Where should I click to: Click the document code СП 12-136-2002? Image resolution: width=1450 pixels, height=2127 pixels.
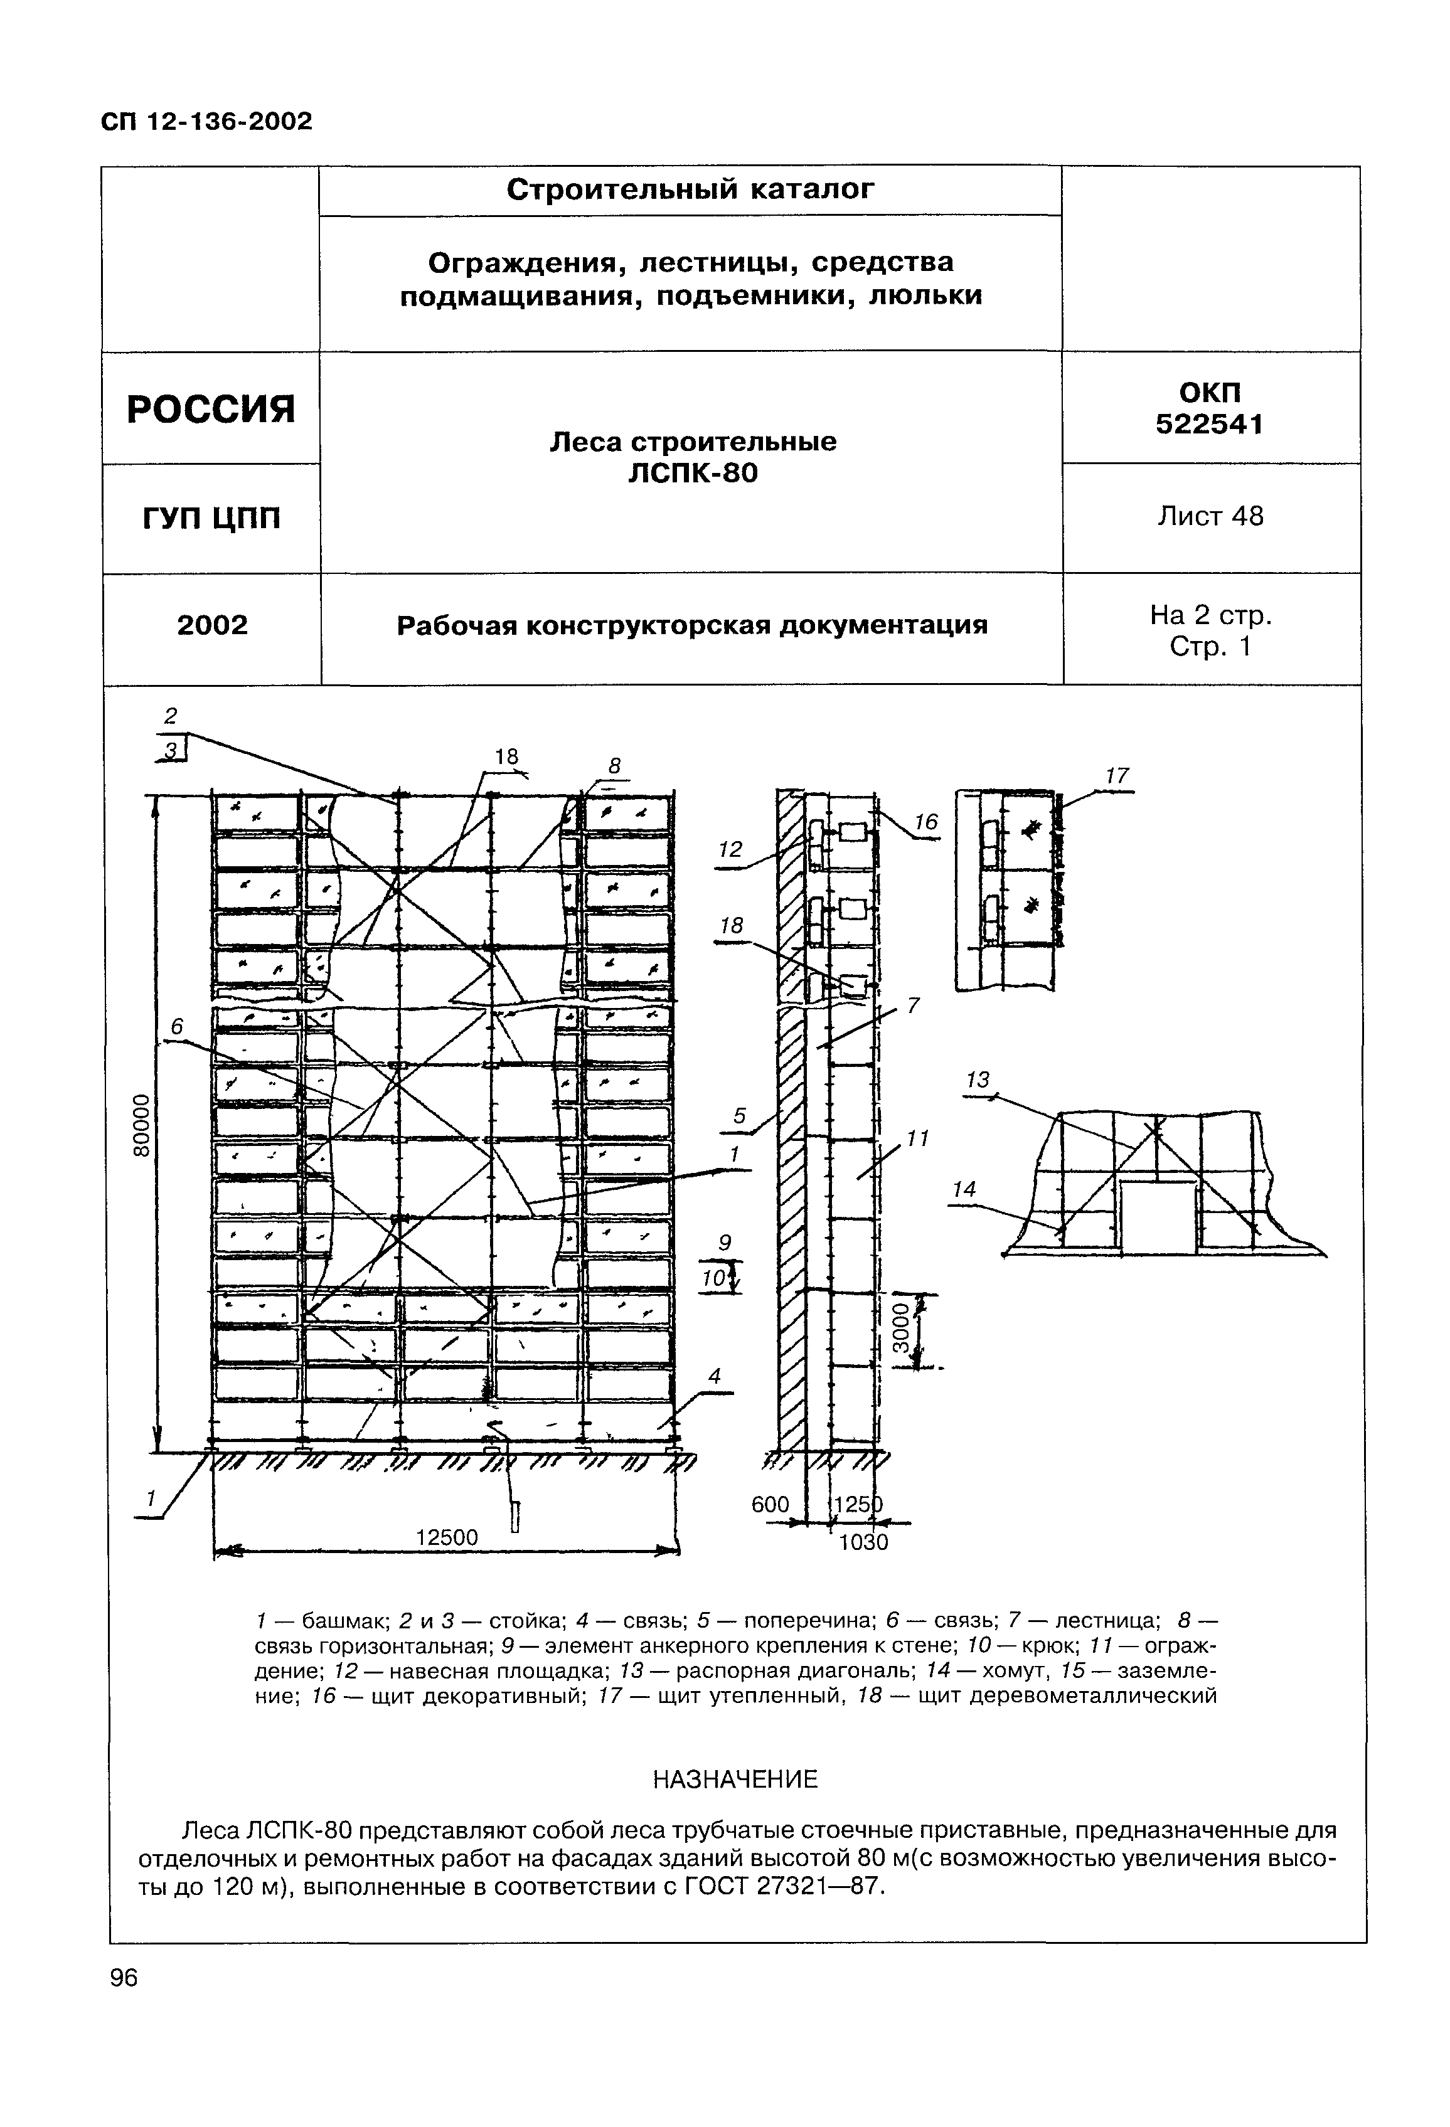(206, 121)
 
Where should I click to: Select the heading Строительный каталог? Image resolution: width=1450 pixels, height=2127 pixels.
(690, 189)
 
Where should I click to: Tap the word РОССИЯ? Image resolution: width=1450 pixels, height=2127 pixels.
(211, 408)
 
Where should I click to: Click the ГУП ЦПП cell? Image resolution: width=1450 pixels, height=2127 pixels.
(211, 519)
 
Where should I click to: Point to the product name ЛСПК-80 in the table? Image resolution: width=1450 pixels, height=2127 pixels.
(693, 473)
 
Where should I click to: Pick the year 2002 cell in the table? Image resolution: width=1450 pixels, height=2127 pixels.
(212, 625)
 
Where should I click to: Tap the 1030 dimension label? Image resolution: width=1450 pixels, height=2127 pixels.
(863, 1542)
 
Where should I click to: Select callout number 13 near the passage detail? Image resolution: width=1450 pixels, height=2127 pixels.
(978, 1080)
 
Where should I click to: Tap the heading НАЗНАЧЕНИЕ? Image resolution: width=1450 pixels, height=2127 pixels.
(734, 1780)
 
